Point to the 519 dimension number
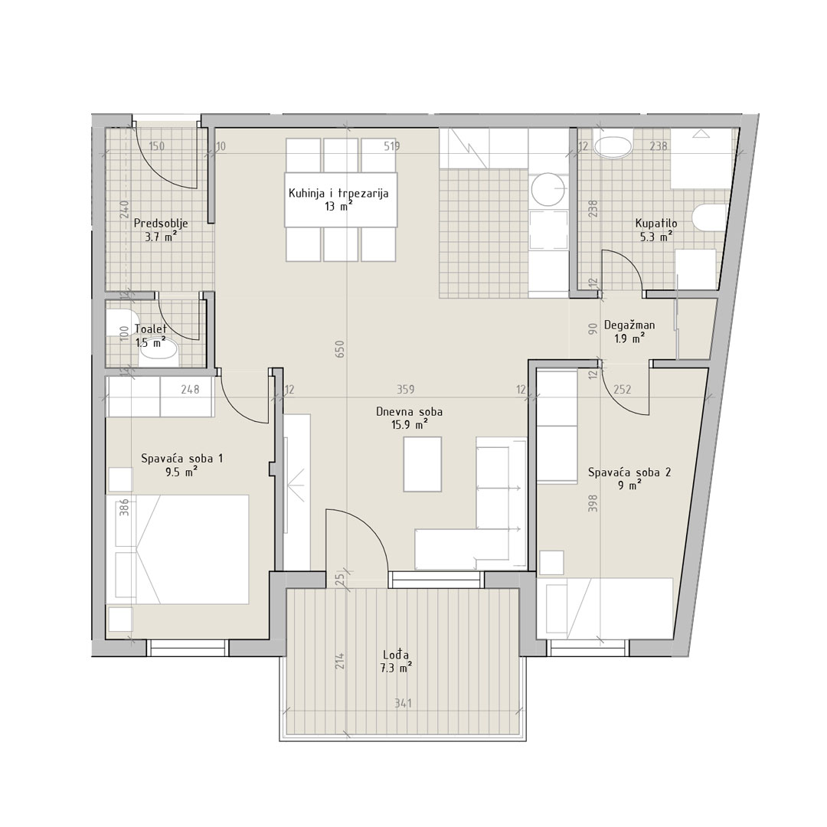coord(391,146)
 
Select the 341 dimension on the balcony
coord(403,703)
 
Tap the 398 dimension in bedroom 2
coord(592,504)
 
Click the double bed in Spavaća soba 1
coord(177,549)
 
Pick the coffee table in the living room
coord(423,464)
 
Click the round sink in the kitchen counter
coord(548,191)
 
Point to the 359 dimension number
coord(406,389)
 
